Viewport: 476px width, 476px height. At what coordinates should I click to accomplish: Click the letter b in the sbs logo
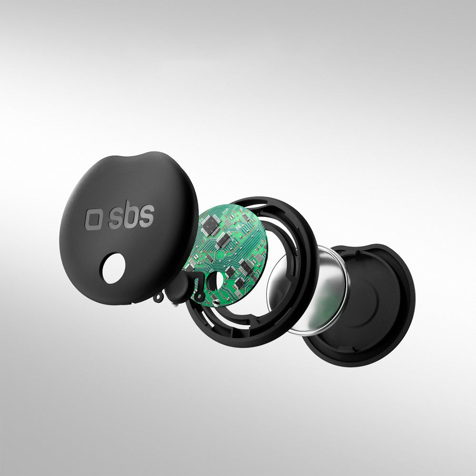[132, 213]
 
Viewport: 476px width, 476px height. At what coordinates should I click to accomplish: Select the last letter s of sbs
[147, 216]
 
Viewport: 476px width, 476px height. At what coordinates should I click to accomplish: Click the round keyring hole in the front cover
[114, 268]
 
